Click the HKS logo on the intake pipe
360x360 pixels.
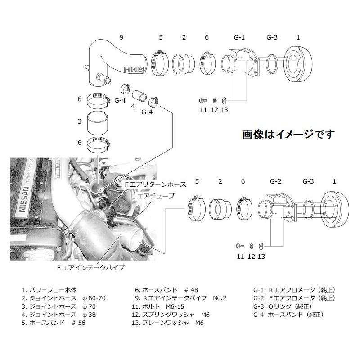click(x=132, y=70)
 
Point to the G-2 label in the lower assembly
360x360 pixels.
click(x=275, y=181)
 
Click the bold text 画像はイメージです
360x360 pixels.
click(x=288, y=134)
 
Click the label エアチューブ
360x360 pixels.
click(x=156, y=196)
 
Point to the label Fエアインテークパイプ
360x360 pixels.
click(x=90, y=267)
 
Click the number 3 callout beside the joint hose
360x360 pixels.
click(x=79, y=121)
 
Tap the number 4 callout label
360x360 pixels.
click(x=132, y=106)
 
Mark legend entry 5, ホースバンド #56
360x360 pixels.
click(x=53, y=323)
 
